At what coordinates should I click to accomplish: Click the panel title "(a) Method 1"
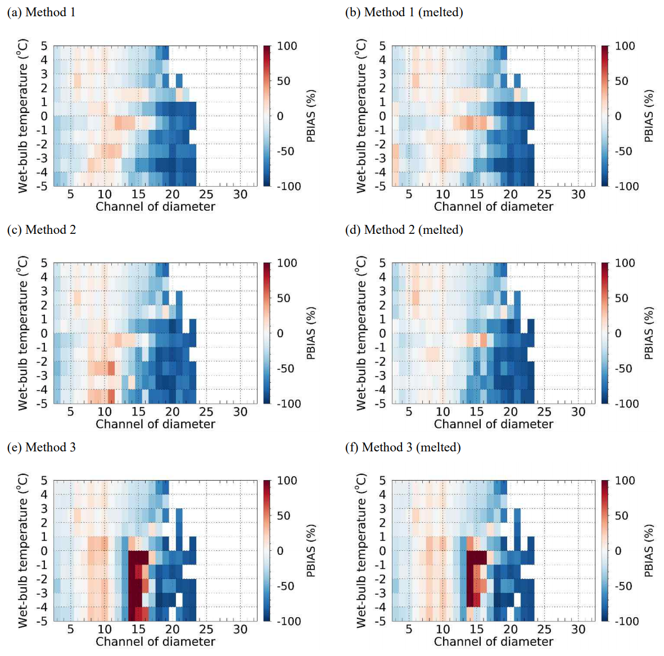(x=41, y=12)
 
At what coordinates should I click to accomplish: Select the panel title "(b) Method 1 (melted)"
(x=404, y=12)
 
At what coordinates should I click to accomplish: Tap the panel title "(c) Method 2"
(x=41, y=230)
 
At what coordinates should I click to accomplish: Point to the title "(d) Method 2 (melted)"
(x=404, y=230)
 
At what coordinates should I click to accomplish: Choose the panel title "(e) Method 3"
(x=41, y=447)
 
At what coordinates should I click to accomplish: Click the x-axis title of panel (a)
(x=155, y=207)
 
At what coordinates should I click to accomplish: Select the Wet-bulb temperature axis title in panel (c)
(x=22, y=333)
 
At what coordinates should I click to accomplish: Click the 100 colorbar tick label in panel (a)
(x=287, y=46)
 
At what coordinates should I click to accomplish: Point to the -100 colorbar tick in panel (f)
(x=625, y=621)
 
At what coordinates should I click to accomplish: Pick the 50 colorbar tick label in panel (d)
(x=621, y=298)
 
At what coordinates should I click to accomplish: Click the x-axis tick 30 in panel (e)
(x=240, y=629)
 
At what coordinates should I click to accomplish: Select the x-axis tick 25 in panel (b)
(x=544, y=194)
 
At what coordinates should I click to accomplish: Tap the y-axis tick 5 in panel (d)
(x=382, y=263)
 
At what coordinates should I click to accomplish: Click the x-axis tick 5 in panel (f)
(x=409, y=629)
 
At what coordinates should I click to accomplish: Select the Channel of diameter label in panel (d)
(x=494, y=424)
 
